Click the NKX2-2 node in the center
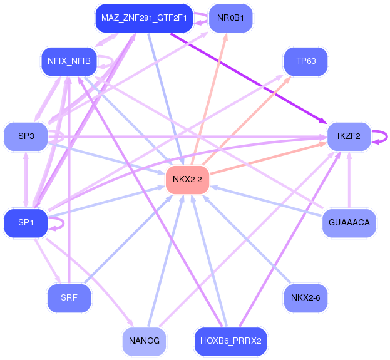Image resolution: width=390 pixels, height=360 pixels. click(x=187, y=180)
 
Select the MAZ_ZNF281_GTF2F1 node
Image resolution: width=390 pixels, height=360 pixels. click(x=143, y=18)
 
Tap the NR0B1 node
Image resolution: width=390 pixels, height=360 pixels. click(x=230, y=18)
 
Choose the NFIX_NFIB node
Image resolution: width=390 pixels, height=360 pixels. click(x=69, y=61)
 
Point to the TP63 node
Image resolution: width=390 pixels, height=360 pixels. click(x=306, y=61)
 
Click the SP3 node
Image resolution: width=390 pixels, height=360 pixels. click(x=26, y=136)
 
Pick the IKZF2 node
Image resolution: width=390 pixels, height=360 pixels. click(x=349, y=136)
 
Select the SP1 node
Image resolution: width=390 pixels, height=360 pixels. click(x=26, y=223)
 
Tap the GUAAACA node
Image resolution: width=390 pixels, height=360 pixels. click(x=349, y=223)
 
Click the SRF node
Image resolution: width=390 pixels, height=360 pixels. click(x=69, y=298)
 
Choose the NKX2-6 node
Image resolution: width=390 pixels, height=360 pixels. click(x=306, y=298)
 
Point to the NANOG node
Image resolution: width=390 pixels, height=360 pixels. click(x=144, y=341)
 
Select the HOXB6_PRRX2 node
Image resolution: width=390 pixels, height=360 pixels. click(x=230, y=341)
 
